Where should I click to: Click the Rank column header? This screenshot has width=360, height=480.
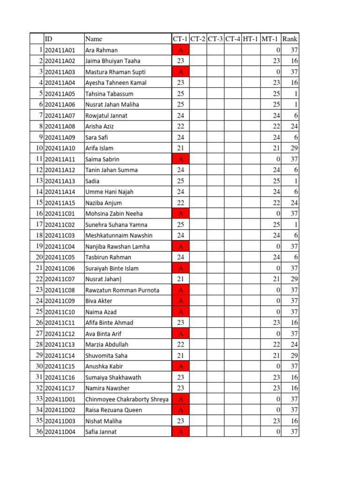(290, 39)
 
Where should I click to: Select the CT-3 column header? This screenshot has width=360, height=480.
(215, 39)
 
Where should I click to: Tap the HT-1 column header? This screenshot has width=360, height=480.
(250, 39)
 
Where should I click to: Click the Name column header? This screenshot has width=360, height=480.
(94, 39)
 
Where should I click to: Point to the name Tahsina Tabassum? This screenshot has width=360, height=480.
(109, 94)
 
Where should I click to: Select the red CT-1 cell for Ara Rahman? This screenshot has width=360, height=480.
(180, 50)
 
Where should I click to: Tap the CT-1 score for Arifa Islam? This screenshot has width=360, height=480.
(180, 148)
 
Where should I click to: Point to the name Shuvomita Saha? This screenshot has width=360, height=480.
(106, 356)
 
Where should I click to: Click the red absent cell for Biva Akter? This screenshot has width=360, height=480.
(180, 301)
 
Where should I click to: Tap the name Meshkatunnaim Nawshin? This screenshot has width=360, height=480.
(119, 235)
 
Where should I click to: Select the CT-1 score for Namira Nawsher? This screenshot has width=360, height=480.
(180, 388)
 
